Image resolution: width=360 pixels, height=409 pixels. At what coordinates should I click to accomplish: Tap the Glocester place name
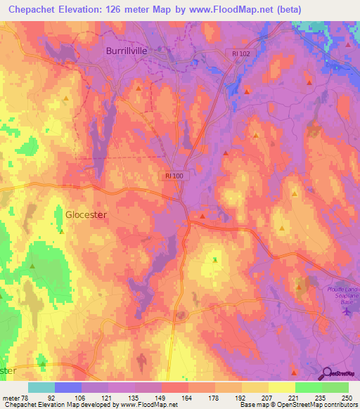point(86,215)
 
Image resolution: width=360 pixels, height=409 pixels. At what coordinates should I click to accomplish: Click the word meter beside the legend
point(11,397)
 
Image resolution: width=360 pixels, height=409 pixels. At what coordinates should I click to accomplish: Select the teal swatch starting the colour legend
point(41,387)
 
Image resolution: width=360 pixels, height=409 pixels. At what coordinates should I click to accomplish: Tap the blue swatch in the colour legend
point(67,387)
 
